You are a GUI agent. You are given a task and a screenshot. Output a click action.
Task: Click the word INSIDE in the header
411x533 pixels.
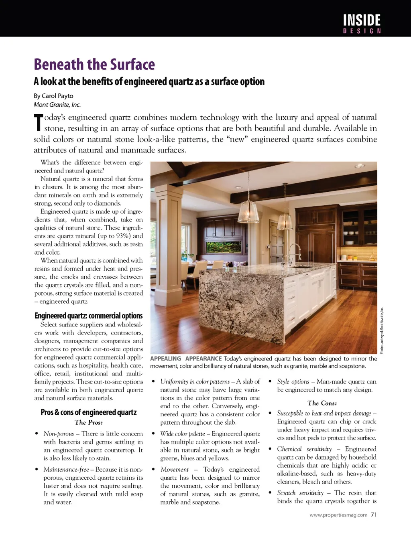click(362, 20)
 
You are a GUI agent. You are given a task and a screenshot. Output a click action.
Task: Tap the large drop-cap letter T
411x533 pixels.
click(38, 122)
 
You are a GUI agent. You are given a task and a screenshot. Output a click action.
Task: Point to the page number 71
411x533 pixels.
click(374, 515)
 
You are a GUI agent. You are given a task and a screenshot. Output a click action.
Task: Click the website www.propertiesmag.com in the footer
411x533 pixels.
click(338, 515)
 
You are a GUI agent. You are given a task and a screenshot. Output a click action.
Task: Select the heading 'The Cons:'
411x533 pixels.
click(322, 403)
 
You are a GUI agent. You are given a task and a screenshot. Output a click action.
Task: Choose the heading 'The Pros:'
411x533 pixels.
click(89, 422)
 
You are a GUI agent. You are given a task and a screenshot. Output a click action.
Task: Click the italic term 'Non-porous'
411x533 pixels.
click(59, 434)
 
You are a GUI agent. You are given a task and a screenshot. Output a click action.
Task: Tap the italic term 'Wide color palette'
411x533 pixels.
click(182, 434)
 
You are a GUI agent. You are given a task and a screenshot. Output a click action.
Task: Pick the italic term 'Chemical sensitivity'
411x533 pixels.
click(304, 449)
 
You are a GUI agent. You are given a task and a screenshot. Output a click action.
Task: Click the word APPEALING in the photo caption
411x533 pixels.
click(165, 359)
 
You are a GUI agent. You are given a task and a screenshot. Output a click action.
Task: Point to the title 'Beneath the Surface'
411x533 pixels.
click(94, 65)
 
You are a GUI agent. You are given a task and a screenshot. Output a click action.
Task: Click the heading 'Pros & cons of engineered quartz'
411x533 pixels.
click(89, 412)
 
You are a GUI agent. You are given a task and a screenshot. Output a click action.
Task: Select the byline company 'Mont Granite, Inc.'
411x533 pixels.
click(57, 105)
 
